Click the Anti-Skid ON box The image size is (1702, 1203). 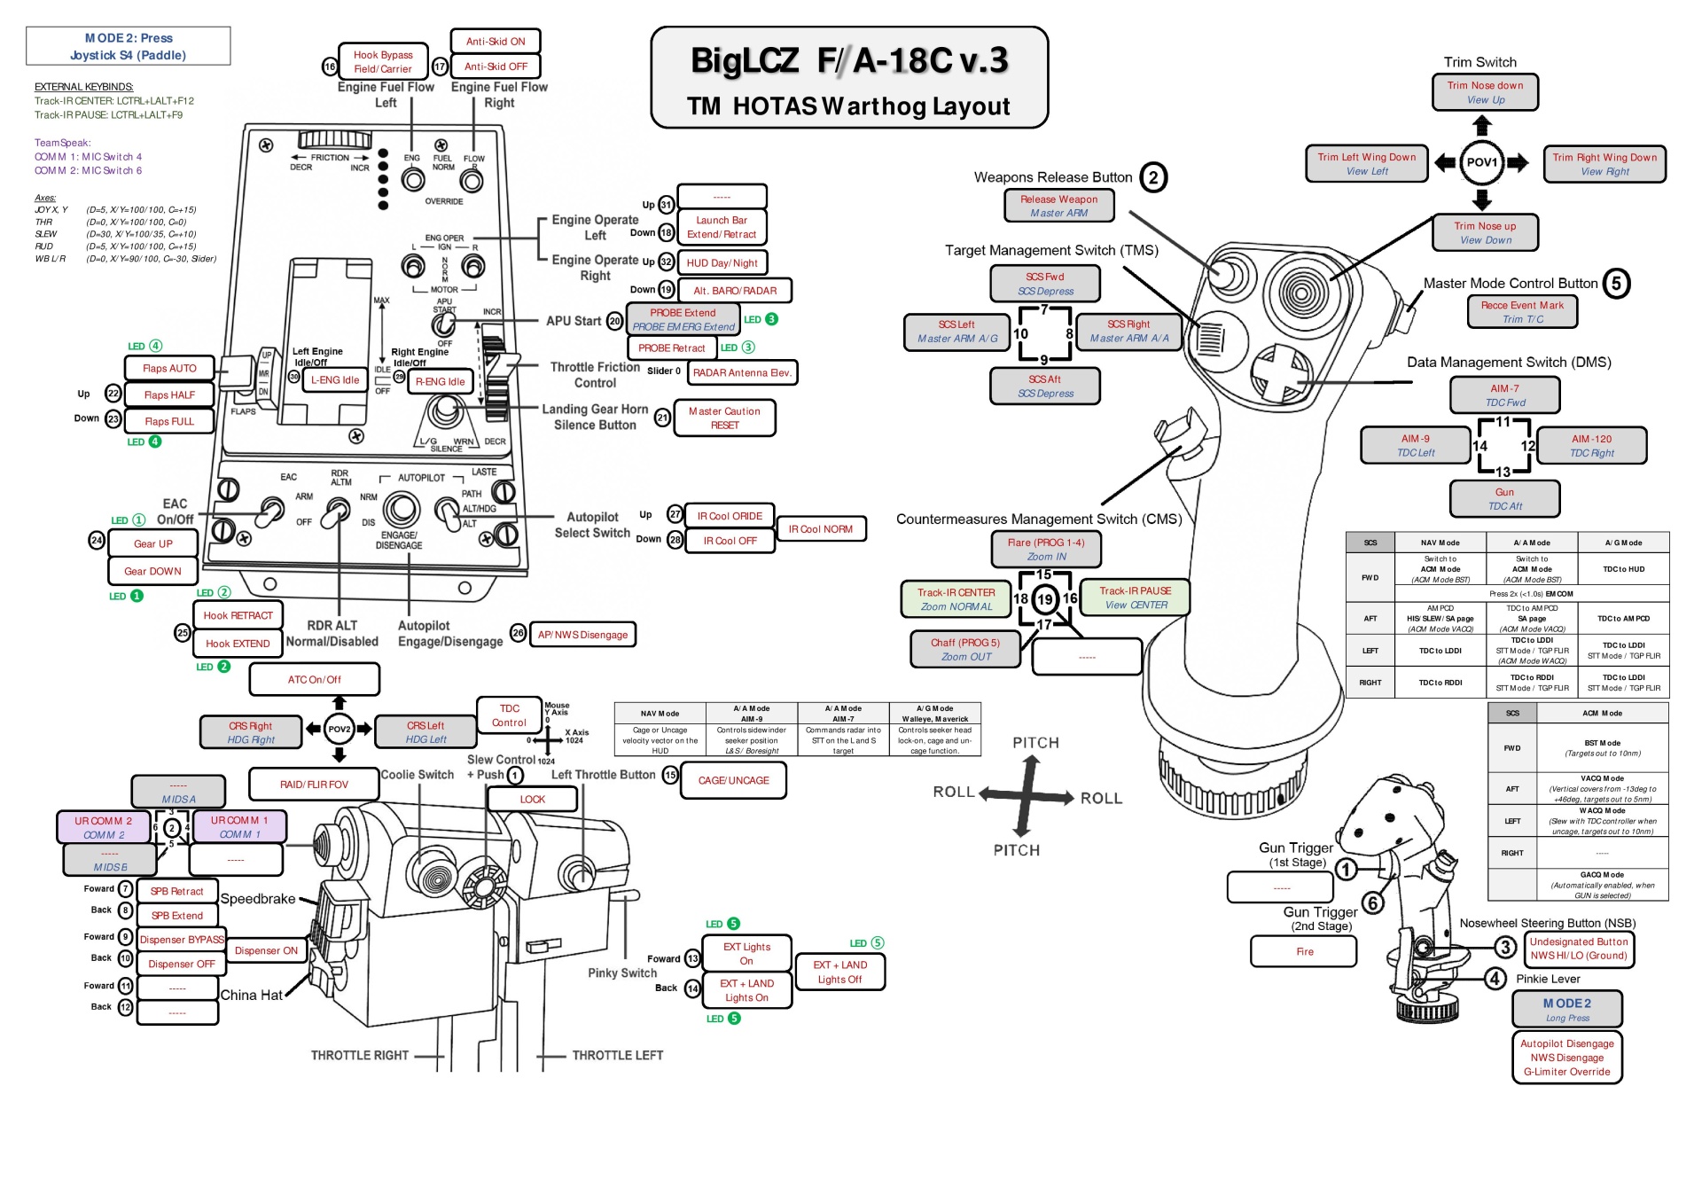496,42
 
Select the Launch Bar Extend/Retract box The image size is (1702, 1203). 722,227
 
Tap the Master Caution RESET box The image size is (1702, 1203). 724,418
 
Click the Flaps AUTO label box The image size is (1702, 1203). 169,368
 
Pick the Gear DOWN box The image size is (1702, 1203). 152,571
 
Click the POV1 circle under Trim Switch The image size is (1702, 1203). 1481,162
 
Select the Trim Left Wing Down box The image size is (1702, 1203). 1366,163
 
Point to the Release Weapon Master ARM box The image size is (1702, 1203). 1058,206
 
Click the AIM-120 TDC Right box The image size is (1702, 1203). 1591,445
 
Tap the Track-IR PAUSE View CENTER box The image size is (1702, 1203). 1136,598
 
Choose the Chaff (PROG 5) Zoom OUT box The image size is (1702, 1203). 965,649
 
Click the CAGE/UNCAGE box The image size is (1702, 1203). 733,780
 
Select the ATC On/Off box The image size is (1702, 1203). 314,679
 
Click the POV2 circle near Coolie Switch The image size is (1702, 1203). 340,729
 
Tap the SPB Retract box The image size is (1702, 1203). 176,891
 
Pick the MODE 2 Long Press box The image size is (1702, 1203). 1566,1009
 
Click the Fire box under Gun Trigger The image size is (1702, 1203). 1304,951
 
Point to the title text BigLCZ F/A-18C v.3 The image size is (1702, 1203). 849,60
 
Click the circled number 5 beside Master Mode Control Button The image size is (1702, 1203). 1616,284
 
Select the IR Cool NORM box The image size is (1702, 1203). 821,529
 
